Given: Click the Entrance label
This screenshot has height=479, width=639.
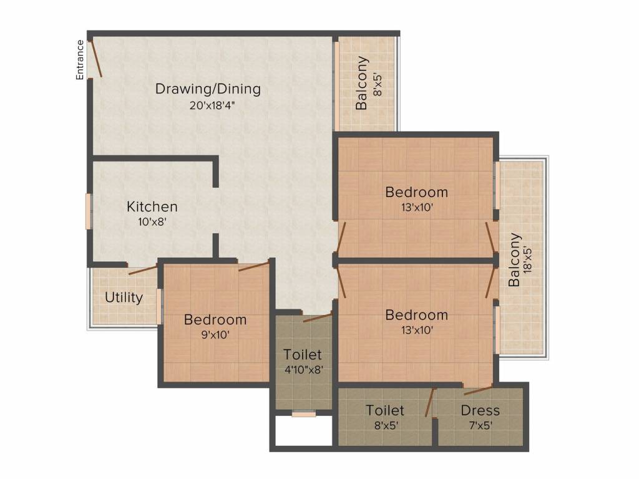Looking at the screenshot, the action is tap(80, 59).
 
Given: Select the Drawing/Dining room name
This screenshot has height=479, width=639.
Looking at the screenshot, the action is tap(208, 89).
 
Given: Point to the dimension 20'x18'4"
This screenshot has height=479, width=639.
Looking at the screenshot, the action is tap(212, 105).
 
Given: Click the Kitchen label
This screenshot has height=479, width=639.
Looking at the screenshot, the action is tap(152, 206).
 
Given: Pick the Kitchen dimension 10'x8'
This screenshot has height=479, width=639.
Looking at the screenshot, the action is tap(152, 222).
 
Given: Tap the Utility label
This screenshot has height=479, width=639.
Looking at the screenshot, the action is tap(124, 298).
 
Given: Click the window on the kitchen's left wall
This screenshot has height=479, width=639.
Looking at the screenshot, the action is tap(87, 211).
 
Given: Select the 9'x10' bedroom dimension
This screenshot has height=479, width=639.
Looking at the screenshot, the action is tap(215, 335).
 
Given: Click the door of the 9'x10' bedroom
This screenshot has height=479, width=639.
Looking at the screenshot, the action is tap(253, 266).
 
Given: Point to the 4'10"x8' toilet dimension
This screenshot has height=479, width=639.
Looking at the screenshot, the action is tap(304, 370).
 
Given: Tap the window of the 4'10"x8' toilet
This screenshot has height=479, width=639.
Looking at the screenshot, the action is tap(304, 414).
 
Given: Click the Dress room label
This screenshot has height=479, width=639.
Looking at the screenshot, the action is tap(480, 410).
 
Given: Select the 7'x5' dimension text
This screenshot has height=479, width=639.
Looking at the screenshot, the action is tap(480, 425).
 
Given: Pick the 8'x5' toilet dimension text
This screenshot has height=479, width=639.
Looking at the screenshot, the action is tap(386, 425).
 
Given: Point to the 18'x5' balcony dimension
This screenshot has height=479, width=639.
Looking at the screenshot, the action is tap(528, 259).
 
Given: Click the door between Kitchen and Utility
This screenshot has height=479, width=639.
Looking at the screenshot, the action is tap(143, 269).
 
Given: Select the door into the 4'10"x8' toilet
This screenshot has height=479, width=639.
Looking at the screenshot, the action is tap(318, 317).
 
